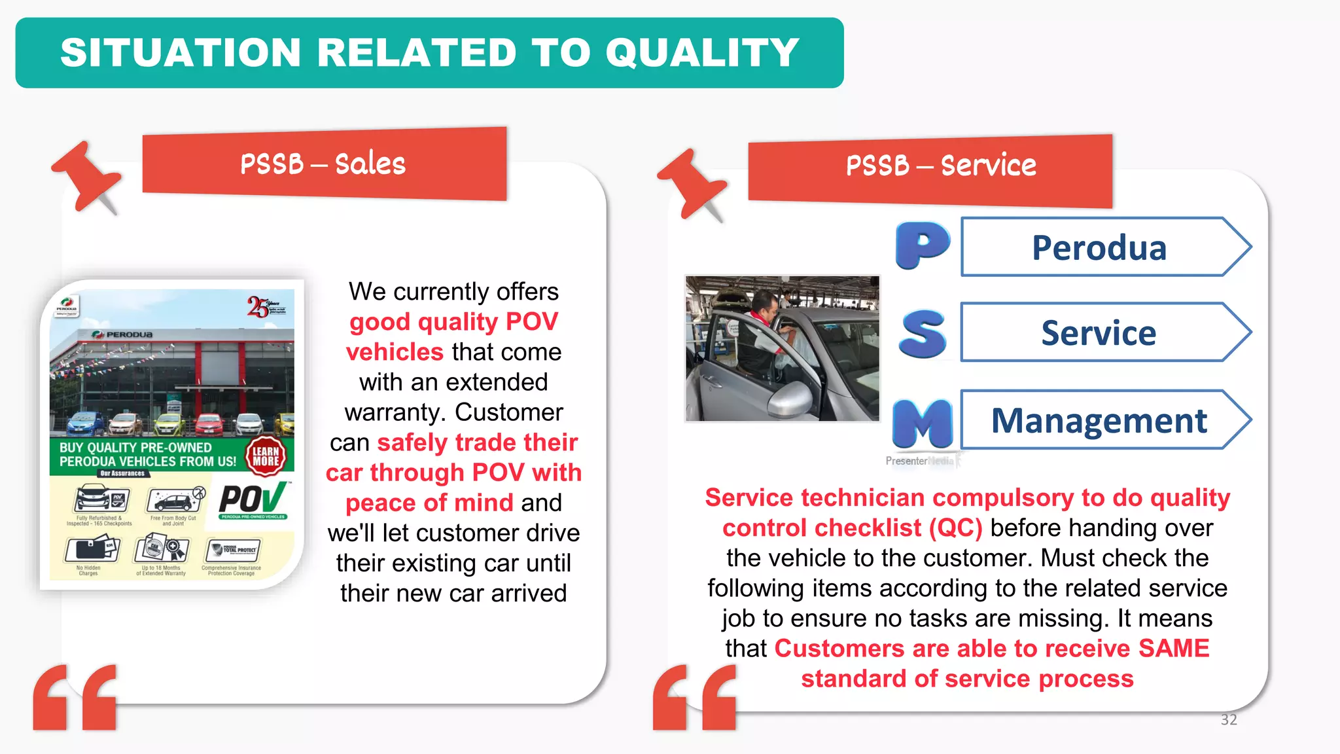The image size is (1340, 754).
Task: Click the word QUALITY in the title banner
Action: tap(702, 52)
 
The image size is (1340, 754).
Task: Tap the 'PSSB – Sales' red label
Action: tap(323, 164)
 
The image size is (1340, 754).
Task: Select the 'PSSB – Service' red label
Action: tap(941, 166)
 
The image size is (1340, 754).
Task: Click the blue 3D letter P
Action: tap(922, 245)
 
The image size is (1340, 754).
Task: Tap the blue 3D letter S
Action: tap(923, 334)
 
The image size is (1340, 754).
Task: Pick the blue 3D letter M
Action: tap(923, 422)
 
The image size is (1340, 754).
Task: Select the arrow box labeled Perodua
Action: tap(1099, 247)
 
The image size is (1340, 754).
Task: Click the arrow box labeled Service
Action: tap(1099, 332)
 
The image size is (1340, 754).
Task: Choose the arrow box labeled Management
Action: tap(1099, 420)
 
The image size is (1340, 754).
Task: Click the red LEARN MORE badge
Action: tap(266, 456)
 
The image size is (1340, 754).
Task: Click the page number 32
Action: tap(1229, 720)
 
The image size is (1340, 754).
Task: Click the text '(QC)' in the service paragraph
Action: tap(956, 528)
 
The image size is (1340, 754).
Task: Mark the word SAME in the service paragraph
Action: tap(1174, 649)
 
